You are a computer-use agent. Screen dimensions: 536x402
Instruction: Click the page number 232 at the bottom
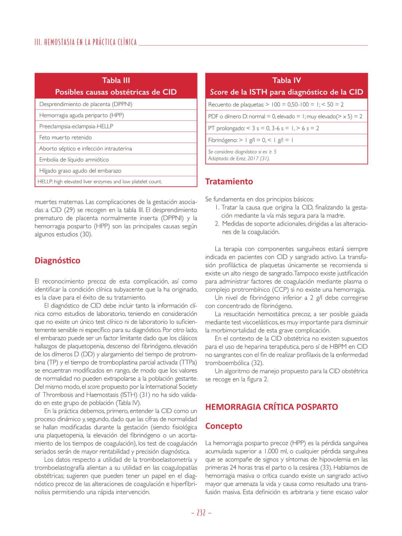point(201,513)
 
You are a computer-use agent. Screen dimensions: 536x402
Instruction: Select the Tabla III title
point(116,80)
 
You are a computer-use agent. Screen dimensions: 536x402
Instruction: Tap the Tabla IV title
point(286,80)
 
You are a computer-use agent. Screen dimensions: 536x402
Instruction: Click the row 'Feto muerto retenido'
point(66,137)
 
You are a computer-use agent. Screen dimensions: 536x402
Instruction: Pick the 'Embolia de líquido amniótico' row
point(74,160)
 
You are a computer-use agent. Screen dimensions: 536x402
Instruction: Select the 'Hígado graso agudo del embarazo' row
point(80,171)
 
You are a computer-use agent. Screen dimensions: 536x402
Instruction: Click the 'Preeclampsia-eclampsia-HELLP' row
point(76,126)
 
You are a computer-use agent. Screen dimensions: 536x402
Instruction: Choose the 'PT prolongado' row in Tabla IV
point(263,128)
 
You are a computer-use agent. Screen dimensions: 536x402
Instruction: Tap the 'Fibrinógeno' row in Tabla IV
point(250,140)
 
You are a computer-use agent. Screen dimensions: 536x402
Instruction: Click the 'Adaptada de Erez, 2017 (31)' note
point(239,159)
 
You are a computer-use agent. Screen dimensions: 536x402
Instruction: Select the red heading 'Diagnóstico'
point(58,260)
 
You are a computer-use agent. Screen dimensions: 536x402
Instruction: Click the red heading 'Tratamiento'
point(229,181)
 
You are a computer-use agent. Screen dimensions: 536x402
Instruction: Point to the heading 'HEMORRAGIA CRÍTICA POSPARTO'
point(272,407)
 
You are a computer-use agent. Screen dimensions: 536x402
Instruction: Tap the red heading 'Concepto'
point(224,426)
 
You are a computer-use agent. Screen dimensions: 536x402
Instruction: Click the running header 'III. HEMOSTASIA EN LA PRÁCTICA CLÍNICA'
point(86,42)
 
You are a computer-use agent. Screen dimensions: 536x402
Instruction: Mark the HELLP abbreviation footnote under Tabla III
point(100,181)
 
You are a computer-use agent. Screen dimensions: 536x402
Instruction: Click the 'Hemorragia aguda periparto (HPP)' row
point(81,115)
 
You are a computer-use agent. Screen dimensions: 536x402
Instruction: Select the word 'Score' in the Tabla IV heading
point(219,92)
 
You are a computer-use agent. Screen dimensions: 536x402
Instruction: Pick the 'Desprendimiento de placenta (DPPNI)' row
point(86,104)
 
